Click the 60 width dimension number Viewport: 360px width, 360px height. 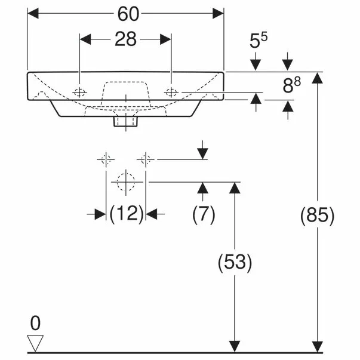125,12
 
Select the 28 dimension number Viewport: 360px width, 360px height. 125,39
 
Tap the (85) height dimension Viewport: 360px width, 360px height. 317,215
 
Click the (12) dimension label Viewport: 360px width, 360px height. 126,214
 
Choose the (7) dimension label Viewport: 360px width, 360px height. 203,214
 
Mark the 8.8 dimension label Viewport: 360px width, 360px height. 291,86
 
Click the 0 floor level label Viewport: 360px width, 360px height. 35,324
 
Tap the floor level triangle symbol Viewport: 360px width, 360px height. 36,343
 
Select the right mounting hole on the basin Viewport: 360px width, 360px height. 171,92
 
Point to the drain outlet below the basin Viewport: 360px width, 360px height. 126,121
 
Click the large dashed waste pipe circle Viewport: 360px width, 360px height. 126,181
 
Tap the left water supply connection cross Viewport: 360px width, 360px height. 106,159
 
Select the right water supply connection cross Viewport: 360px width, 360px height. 146,159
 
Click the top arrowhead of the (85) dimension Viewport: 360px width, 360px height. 317,77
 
